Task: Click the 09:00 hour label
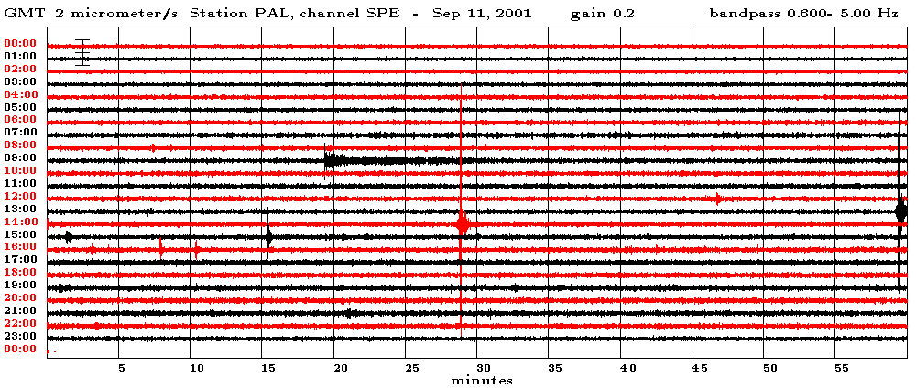tap(19, 158)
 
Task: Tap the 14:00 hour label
tap(19, 222)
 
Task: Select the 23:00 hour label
tap(19, 336)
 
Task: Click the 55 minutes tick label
tap(842, 368)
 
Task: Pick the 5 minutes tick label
tap(121, 368)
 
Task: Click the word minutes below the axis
tap(481, 380)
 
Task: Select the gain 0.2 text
tap(602, 14)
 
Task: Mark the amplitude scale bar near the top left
tap(82, 51)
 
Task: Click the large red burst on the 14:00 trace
tap(463, 223)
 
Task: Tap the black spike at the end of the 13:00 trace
tap(901, 211)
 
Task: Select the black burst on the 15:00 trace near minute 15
tap(268, 236)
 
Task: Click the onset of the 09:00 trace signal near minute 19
tap(327, 160)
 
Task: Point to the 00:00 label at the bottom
tap(19, 349)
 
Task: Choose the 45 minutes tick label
tap(698, 368)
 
